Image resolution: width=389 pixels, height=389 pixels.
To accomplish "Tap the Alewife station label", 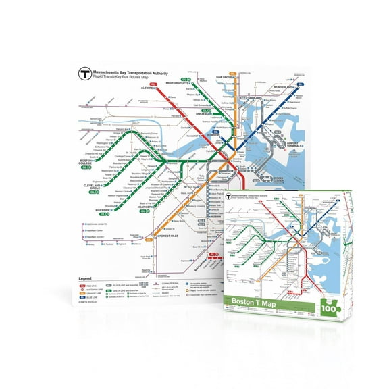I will [x=140, y=87].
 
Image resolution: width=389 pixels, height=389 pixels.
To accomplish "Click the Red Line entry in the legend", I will [x=92, y=286].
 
